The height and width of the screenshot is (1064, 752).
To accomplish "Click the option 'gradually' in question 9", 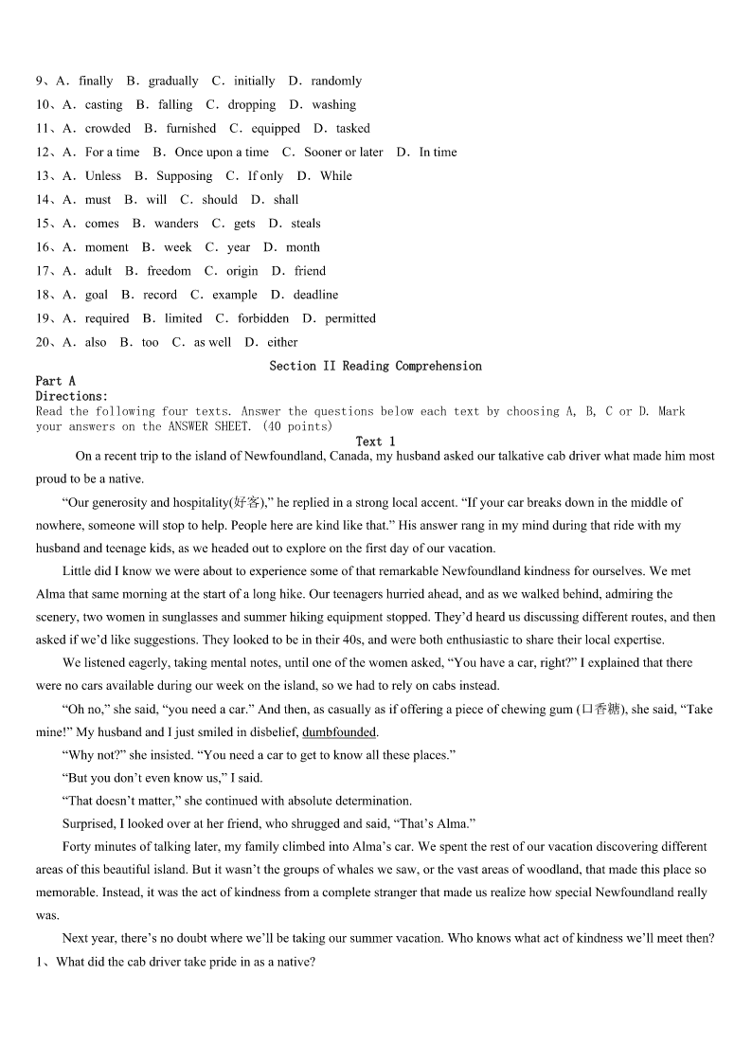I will pyautogui.click(x=173, y=81).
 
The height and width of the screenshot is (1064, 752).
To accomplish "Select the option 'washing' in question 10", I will pyautogui.click(x=333, y=105).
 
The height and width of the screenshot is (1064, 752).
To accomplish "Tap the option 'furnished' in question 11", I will pyautogui.click(x=191, y=129).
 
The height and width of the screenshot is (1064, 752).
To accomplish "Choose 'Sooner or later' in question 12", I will pyautogui.click(x=344, y=153).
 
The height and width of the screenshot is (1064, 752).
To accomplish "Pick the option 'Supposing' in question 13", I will pyautogui.click(x=185, y=176).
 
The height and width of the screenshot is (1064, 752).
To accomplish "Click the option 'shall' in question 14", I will pyautogui.click(x=286, y=200).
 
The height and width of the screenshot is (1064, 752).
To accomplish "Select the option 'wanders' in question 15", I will pyautogui.click(x=176, y=224).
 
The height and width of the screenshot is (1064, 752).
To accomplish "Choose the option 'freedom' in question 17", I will pyautogui.click(x=169, y=271).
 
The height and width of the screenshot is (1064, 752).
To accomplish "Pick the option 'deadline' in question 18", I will pyautogui.click(x=315, y=295).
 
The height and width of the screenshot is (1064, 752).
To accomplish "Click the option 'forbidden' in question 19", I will pyautogui.click(x=263, y=318).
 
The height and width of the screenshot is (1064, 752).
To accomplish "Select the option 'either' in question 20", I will pyautogui.click(x=282, y=342).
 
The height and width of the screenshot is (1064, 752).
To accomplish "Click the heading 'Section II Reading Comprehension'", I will pyautogui.click(x=375, y=366).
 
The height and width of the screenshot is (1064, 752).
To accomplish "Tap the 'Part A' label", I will pyautogui.click(x=56, y=381).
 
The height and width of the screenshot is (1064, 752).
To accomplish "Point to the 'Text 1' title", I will pyautogui.click(x=375, y=442).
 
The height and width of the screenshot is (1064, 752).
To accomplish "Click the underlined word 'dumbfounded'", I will pyautogui.click(x=339, y=731).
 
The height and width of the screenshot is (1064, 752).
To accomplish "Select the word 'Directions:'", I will pyautogui.click(x=72, y=396).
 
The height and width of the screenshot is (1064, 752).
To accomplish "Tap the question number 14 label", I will pyautogui.click(x=45, y=200).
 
